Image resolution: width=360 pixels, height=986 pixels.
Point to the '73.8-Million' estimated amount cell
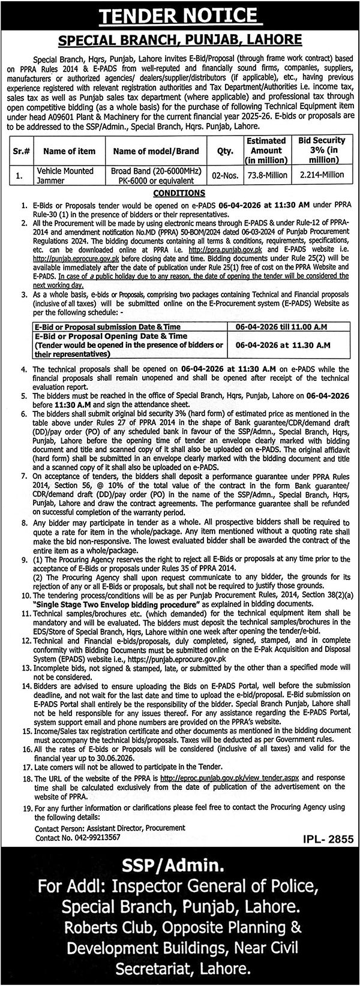pos(267,175)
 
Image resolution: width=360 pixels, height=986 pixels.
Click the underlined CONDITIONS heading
pos(179,193)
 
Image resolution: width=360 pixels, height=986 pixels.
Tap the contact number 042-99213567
pos(90,837)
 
